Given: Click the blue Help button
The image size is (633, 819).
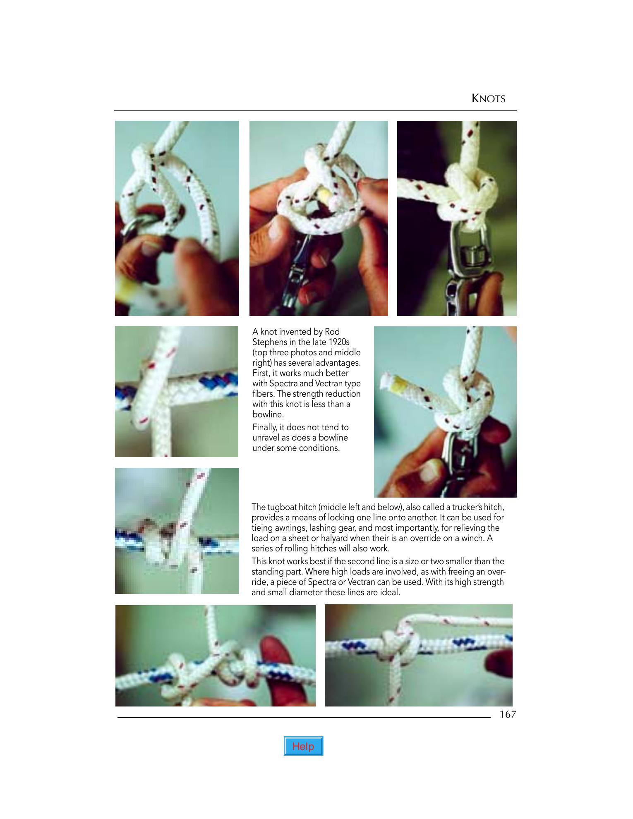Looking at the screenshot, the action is point(303,746).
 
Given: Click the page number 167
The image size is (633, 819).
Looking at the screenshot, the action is point(508,715).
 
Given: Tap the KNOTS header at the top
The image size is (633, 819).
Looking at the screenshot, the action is point(489,98).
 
